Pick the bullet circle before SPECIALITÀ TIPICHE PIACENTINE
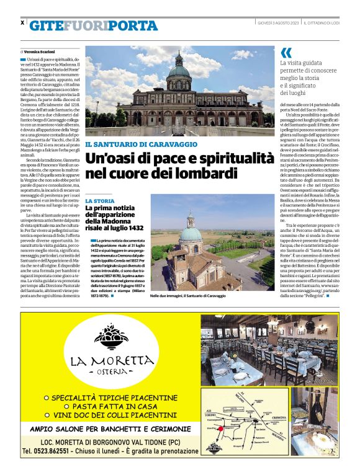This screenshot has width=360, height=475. point(46,396)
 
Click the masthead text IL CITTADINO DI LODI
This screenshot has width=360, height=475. point(321,22)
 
